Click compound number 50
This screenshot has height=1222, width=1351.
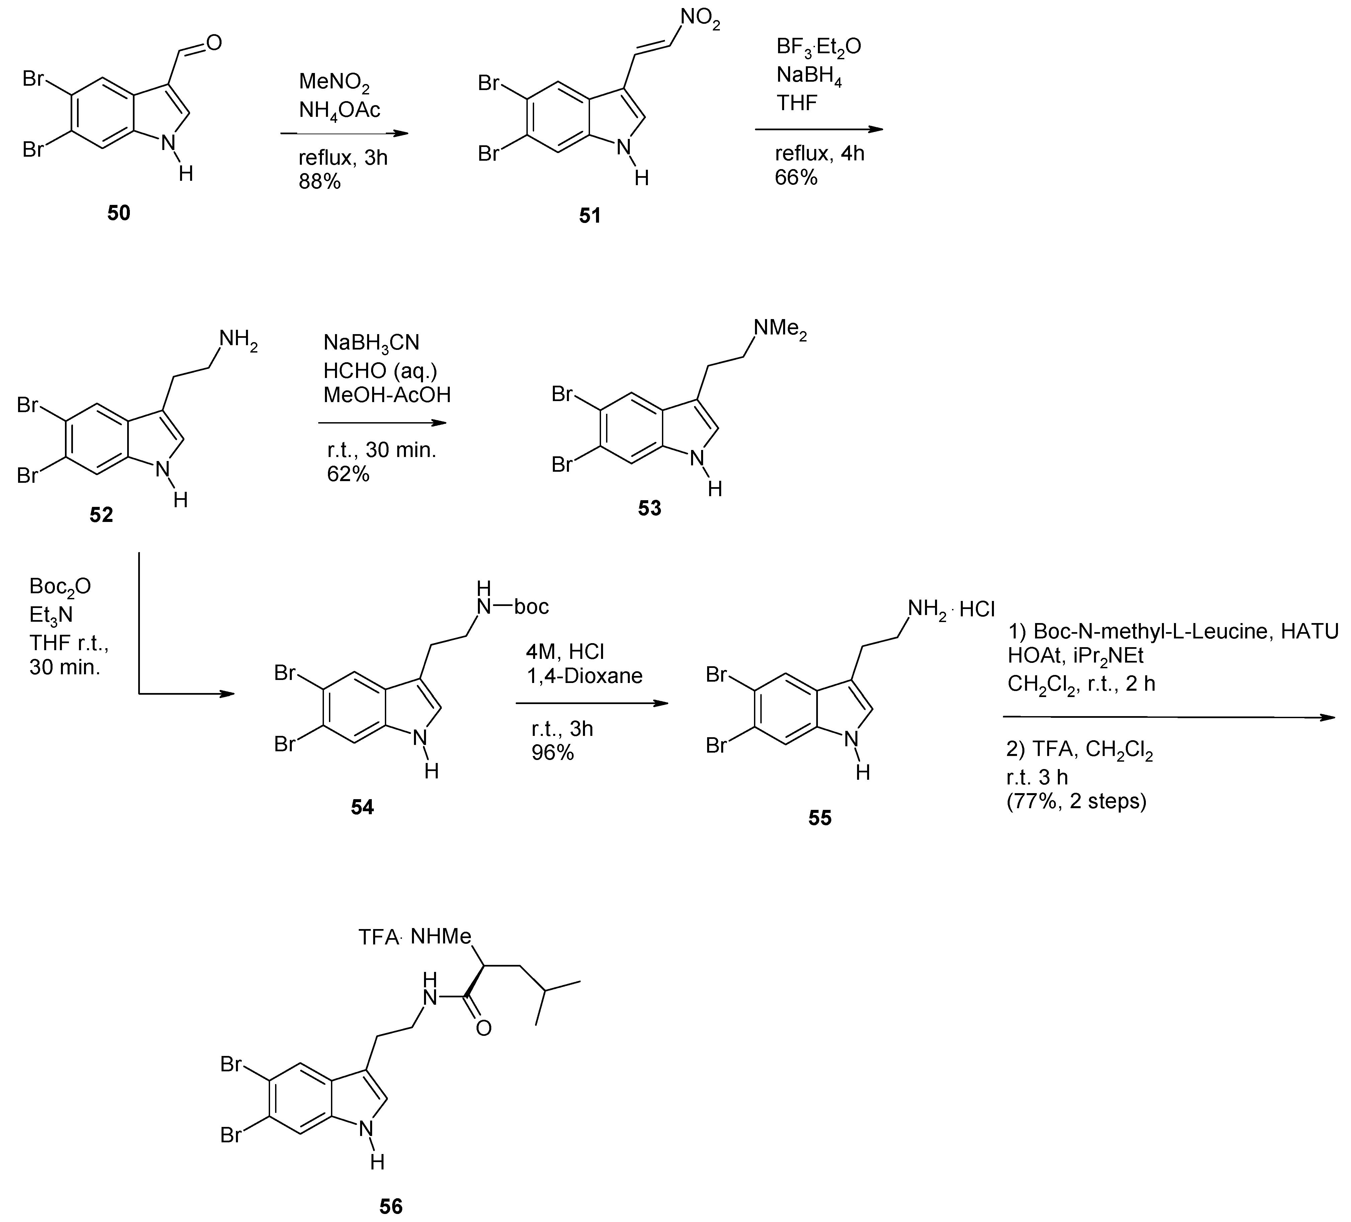click(119, 213)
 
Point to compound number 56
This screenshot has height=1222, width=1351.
click(391, 1207)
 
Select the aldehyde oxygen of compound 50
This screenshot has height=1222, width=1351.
click(214, 43)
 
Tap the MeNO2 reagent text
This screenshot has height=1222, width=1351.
click(334, 83)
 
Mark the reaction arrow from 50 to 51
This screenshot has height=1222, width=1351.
click(344, 133)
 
